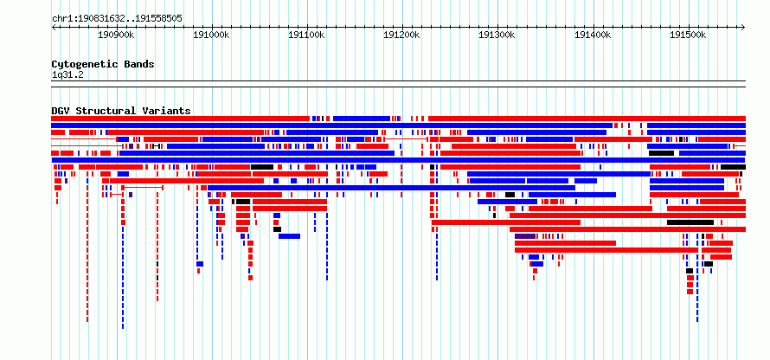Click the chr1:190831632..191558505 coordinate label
(x=117, y=19)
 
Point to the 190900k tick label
(x=117, y=35)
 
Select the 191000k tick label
(x=212, y=35)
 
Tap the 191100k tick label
(x=307, y=35)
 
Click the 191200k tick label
(x=402, y=35)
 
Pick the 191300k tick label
(x=498, y=35)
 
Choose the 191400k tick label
(x=594, y=35)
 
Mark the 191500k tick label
(x=689, y=35)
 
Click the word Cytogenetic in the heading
(x=86, y=64)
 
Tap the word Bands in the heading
(x=139, y=64)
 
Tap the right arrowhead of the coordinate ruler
(x=743, y=28)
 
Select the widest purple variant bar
(x=525, y=236)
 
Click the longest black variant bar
(x=690, y=222)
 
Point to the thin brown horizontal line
(x=87, y=146)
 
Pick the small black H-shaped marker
(x=156, y=146)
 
